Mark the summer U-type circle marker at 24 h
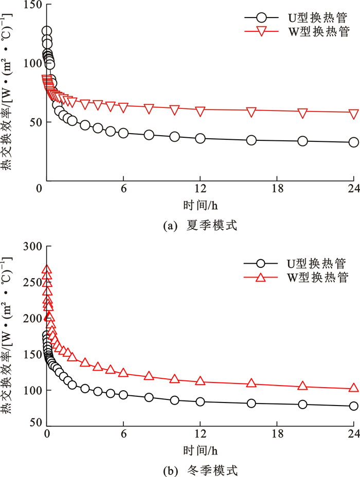click(354, 142)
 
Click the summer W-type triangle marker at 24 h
click(354, 114)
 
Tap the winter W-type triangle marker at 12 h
click(200, 381)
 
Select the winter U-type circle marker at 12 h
click(200, 402)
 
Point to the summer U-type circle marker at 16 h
click(251, 140)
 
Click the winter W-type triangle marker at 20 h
click(302, 386)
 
